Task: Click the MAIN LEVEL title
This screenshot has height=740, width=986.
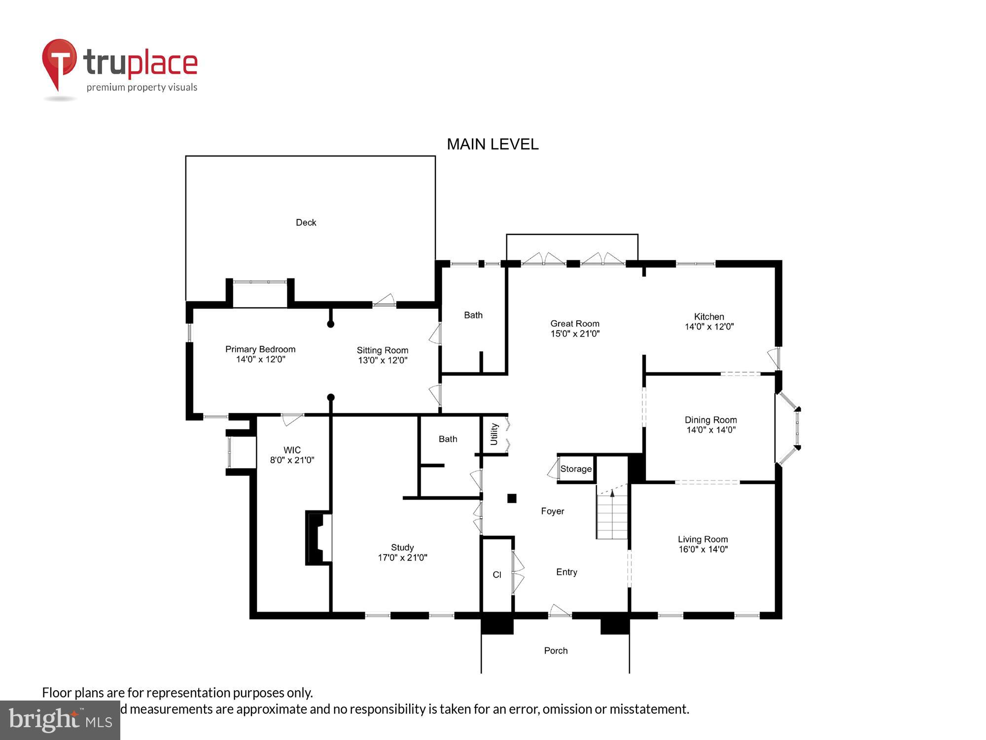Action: point(492,144)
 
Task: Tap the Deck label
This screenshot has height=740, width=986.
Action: point(306,222)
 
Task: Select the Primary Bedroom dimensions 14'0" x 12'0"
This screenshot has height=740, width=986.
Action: point(260,360)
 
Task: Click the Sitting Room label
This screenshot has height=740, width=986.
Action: point(382,350)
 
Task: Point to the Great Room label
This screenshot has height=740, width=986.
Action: point(574,324)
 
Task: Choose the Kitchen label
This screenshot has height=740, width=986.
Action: point(708,317)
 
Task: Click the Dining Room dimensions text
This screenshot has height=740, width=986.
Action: point(710,430)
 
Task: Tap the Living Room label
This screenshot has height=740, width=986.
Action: point(702,539)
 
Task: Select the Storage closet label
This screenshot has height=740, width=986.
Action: point(575,469)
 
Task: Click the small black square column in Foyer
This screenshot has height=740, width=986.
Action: point(512,498)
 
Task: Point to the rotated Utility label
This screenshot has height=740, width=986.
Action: point(494,434)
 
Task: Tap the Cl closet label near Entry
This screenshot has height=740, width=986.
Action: point(497,575)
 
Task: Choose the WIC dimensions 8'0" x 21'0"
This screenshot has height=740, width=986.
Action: point(292,460)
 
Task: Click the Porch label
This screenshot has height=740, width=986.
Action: point(556,651)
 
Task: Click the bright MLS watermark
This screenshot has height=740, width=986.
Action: point(60,720)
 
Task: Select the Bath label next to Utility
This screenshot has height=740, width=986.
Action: point(448,439)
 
